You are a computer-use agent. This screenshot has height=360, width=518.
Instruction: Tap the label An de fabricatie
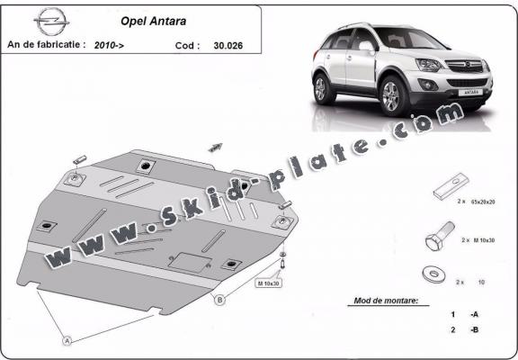[45, 43]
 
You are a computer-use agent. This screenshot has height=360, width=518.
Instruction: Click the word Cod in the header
[185, 43]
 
